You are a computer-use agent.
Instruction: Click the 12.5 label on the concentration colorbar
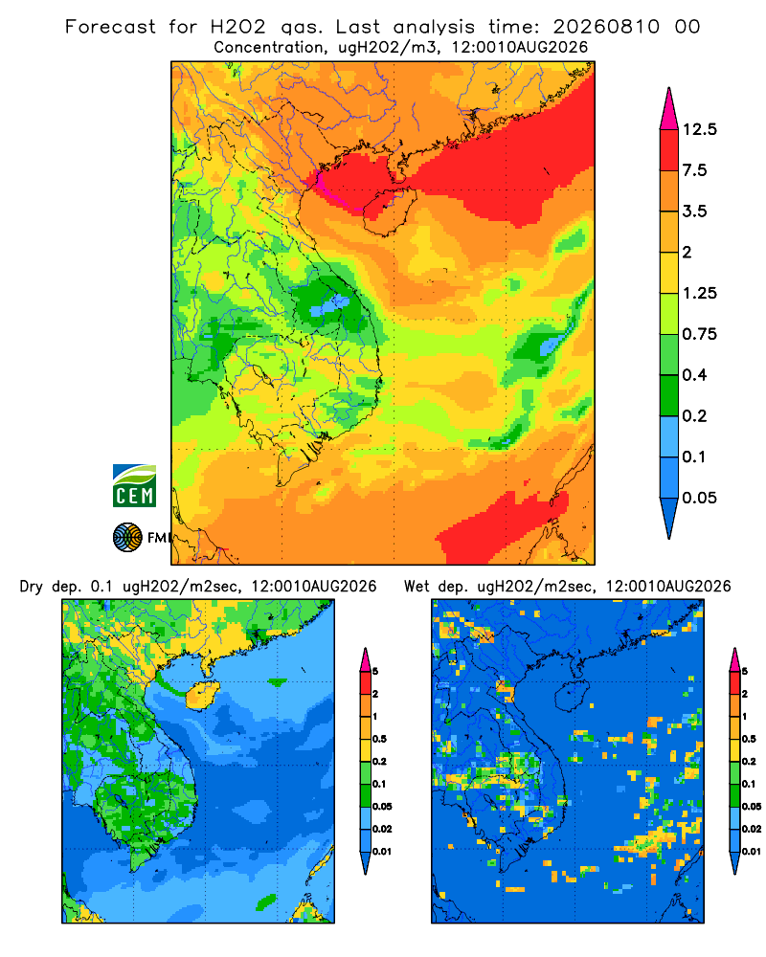coord(699,129)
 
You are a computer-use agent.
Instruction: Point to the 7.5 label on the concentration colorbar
coord(695,170)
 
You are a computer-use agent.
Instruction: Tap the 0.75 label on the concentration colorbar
coord(699,334)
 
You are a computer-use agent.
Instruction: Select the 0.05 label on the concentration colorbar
coord(699,498)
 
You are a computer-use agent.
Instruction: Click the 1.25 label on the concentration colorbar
coord(699,293)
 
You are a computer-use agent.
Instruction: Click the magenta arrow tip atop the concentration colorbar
coord(669,108)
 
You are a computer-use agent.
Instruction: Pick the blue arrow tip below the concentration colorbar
coord(669,519)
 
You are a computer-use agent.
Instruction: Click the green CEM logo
coord(134,486)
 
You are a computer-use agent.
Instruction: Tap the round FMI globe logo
coord(127,538)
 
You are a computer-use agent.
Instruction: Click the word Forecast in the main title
coord(110,27)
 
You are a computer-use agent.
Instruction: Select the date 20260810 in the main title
coord(606,27)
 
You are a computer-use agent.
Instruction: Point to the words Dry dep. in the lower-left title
coord(52,587)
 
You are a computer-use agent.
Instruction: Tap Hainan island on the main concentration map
coord(390,211)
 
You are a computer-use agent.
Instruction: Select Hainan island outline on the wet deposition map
coord(572,696)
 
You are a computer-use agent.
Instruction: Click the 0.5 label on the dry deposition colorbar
coord(379,739)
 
